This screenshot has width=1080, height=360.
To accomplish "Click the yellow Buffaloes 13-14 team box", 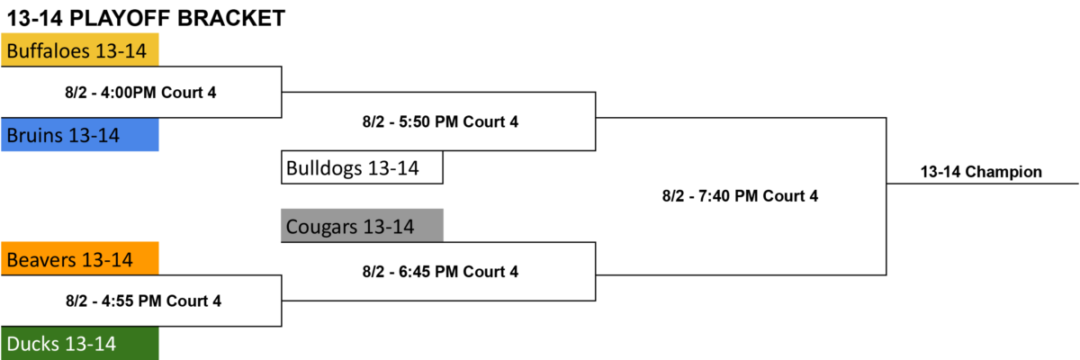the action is tap(79, 49).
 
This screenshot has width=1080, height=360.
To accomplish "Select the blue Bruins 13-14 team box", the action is tap(79, 135).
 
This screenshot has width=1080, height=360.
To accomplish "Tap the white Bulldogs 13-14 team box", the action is tap(362, 167).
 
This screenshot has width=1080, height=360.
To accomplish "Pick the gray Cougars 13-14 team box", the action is tap(362, 225).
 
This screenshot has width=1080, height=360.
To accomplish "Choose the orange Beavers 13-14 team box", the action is tap(79, 259).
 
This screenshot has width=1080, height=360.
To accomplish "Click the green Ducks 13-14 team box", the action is tap(79, 343).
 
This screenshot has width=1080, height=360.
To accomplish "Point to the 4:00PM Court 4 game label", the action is tap(140, 92).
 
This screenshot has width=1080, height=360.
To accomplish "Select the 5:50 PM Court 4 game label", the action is tap(440, 121).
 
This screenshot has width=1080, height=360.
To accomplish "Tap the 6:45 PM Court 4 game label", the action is tap(440, 271).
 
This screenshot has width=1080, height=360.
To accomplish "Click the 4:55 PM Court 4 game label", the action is tap(144, 301).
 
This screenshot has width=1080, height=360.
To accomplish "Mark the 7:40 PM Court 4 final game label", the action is tap(740, 195).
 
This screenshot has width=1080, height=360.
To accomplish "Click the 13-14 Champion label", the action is tap(981, 172).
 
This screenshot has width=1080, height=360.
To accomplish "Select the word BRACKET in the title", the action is tap(231, 18).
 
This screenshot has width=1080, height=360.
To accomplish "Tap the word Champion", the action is tap(1003, 172).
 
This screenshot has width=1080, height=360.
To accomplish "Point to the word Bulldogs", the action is tap(324, 168).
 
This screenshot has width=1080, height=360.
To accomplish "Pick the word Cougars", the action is tap(321, 227).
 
